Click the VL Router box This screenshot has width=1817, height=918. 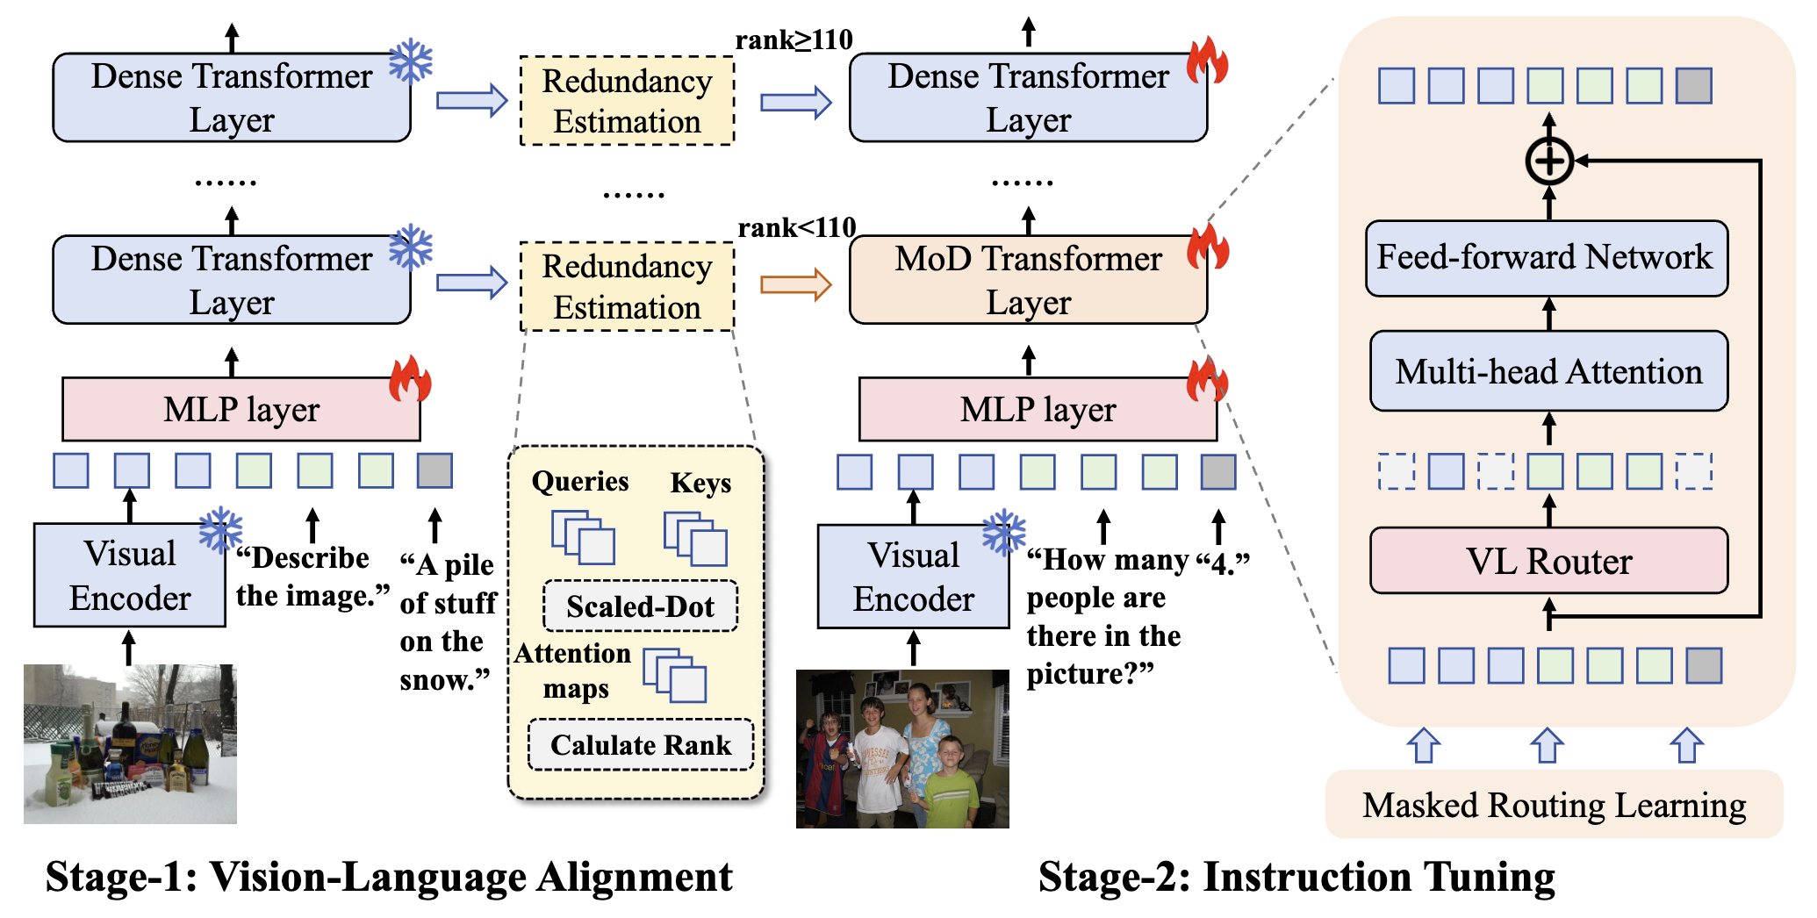1548,561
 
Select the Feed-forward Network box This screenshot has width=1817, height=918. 1547,258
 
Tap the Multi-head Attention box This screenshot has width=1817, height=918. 1548,371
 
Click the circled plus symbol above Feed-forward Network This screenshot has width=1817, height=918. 1549,161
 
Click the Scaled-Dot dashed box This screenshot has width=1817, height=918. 640,606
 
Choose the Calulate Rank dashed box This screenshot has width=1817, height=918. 640,745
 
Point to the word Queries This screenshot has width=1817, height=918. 580,481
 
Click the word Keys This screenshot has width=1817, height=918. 700,483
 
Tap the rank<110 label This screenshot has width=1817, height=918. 796,228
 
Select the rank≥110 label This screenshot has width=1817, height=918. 794,39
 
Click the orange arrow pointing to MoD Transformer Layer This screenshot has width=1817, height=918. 795,284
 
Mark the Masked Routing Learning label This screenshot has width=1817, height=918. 1554,805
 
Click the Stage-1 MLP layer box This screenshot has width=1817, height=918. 241,410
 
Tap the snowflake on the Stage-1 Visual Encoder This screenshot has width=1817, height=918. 219,530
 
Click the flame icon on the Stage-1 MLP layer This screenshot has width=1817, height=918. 410,379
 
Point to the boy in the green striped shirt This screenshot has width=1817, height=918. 950,785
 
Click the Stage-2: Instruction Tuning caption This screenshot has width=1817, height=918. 1296,877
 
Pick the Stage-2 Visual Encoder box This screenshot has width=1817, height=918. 913,577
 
